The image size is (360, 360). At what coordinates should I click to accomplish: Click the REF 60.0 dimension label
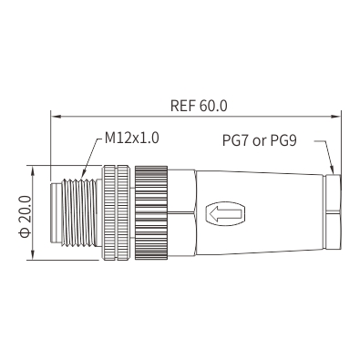click(x=199, y=106)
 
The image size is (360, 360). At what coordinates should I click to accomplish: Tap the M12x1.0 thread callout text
click(x=132, y=138)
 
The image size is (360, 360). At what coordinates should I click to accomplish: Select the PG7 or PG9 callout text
click(x=260, y=140)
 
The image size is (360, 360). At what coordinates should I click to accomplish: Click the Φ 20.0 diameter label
click(x=25, y=216)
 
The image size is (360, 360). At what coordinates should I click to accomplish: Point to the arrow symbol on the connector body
click(x=226, y=213)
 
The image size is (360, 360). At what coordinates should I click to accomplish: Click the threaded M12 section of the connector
click(x=78, y=212)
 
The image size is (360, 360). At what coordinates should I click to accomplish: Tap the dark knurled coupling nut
click(x=151, y=212)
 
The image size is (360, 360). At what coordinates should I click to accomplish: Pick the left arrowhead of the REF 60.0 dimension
click(x=56, y=116)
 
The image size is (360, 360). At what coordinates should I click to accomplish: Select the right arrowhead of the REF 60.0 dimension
click(x=335, y=116)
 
